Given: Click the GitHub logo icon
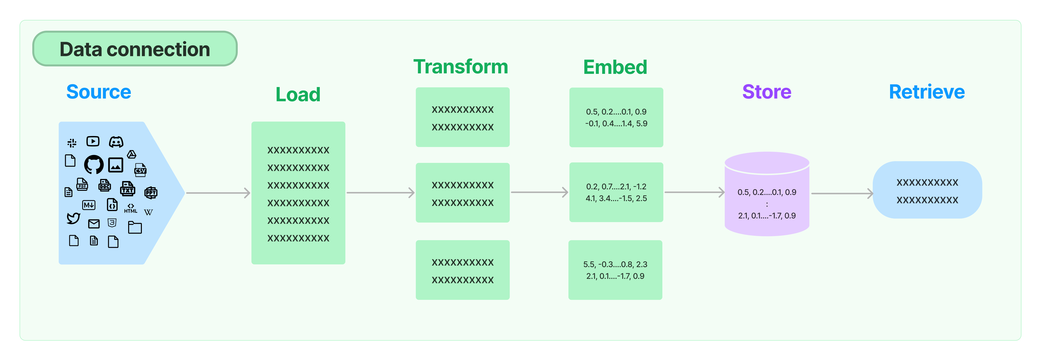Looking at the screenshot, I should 94,164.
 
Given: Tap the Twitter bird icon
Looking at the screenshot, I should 73,218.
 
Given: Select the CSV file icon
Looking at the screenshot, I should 140,170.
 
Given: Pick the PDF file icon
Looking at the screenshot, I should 82,185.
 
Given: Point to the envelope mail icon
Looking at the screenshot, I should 94,224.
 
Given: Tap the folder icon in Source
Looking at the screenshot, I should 135,227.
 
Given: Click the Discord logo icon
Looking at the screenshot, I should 116,142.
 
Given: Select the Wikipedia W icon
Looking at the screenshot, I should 148,212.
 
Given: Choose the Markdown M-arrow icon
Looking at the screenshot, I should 89,205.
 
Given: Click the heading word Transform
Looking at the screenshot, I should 460,67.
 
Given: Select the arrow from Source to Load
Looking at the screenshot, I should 218,193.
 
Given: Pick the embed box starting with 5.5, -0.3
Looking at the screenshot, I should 615,270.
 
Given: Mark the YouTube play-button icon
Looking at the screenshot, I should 93,141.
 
